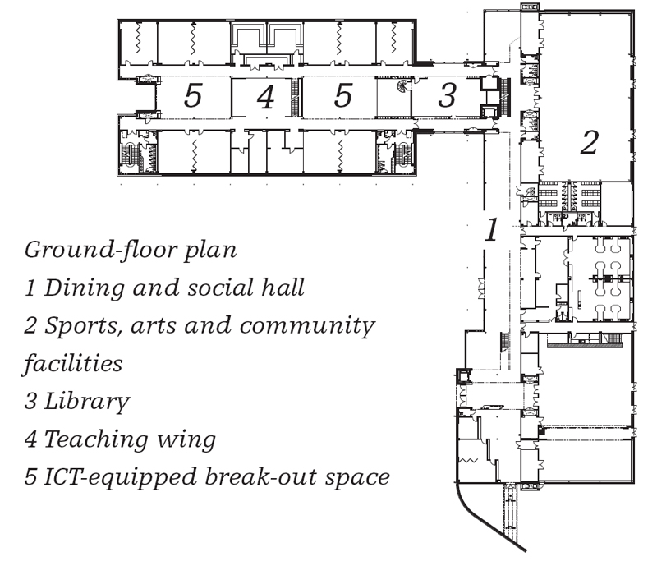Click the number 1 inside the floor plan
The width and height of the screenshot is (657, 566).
point(491,229)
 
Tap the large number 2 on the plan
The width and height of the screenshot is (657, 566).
point(589,143)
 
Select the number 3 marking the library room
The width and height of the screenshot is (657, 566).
point(447,94)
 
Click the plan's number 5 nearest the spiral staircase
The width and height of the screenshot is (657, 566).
point(342,94)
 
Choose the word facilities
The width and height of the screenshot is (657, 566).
point(72,363)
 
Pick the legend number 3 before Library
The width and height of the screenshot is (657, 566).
point(30,401)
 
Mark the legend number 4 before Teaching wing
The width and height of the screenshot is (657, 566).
point(30,439)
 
